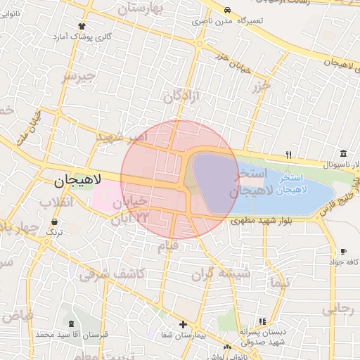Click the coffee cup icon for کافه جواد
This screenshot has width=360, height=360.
pos(343,251)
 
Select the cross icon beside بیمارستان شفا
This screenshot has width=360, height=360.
pos(183,325)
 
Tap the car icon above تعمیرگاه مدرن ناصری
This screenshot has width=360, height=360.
pos(229,10)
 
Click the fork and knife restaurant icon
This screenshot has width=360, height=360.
pos(288,154)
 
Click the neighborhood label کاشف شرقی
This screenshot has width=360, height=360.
pos(112,274)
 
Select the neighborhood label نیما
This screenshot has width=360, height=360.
pos(278,284)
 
